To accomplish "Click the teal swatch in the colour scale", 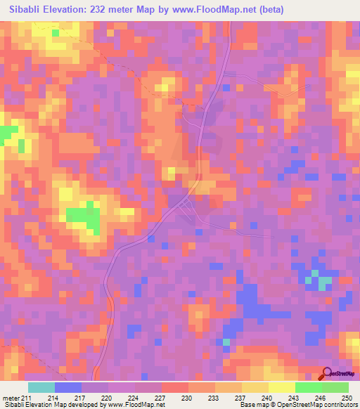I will pyautogui.click(x=41, y=388).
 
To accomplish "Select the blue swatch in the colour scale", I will pyautogui.click(x=68, y=388).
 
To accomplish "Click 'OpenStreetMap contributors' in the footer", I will pyautogui.click(x=316, y=405).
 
